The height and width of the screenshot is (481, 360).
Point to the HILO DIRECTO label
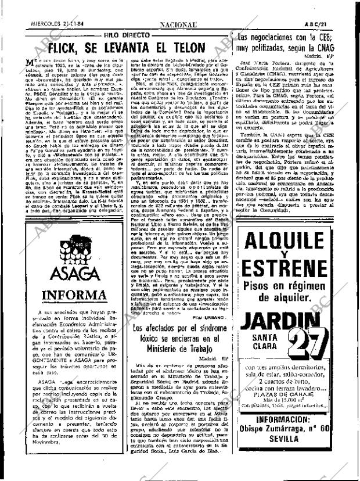coord(127,35)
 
